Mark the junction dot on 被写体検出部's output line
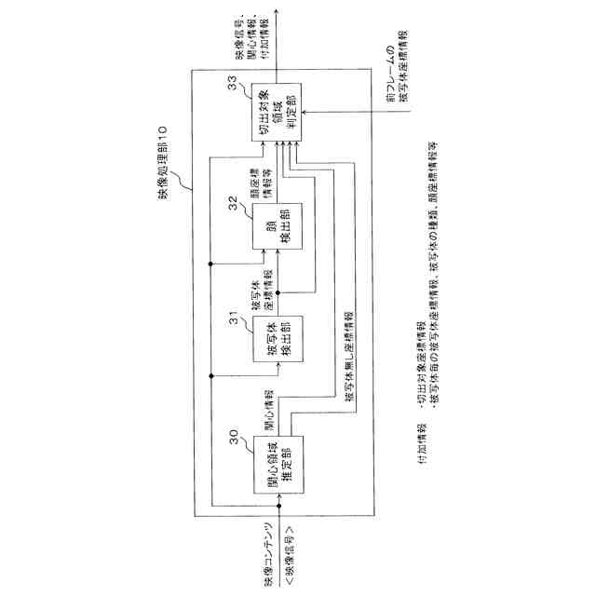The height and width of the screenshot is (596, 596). coord(278,291)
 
